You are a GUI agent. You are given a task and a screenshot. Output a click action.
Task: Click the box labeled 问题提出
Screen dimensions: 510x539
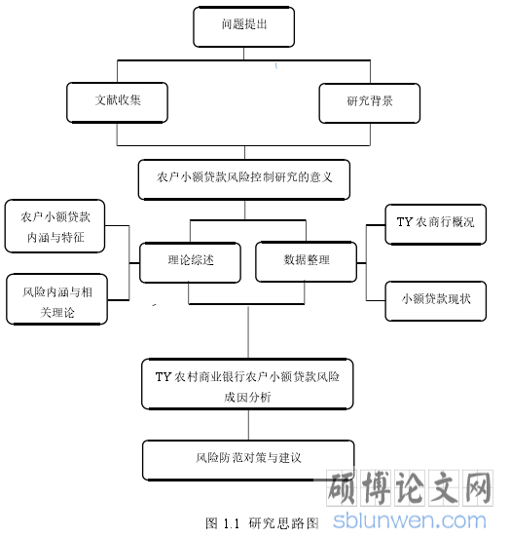pos(243,27)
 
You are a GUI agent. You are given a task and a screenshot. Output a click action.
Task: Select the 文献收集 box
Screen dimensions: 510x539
pos(117,102)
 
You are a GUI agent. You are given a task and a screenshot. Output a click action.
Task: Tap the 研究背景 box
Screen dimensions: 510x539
pos(370,103)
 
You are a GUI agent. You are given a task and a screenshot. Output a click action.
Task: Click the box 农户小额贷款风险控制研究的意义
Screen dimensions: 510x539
pos(244,179)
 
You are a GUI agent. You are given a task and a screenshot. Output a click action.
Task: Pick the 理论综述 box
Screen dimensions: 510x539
pos(190,262)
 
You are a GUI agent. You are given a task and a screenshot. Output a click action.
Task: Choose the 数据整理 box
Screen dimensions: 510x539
pos(307,261)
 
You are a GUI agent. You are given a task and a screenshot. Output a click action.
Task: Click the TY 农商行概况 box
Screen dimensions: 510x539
pos(435,224)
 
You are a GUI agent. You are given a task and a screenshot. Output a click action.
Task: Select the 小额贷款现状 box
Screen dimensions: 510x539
pos(435,301)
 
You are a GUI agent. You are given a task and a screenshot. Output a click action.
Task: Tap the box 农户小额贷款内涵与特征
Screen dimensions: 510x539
pos(55,226)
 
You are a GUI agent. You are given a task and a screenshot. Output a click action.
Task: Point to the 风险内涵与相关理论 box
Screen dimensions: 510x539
pos(57,299)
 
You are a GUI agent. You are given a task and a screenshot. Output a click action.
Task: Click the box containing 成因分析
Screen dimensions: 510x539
pos(247,384)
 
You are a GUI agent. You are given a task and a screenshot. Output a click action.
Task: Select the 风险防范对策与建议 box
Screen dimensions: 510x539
pos(248,460)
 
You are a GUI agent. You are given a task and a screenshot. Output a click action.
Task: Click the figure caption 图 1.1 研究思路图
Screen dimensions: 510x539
pos(262,523)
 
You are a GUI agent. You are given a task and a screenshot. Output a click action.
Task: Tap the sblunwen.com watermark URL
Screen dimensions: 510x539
pos(410,521)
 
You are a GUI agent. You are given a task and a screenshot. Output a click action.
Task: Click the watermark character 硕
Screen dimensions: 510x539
pos(343,487)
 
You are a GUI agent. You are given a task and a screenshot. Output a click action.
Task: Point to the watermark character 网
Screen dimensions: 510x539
pos(478,487)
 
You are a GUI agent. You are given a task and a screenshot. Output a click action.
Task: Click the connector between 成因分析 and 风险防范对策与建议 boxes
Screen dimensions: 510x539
pos(248,425)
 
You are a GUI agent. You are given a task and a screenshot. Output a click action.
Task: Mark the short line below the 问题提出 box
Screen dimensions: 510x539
pos(243,54)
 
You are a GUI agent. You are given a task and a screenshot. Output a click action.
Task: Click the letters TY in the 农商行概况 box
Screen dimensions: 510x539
pos(404,221)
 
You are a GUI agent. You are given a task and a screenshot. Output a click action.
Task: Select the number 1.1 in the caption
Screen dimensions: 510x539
pos(231,523)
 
